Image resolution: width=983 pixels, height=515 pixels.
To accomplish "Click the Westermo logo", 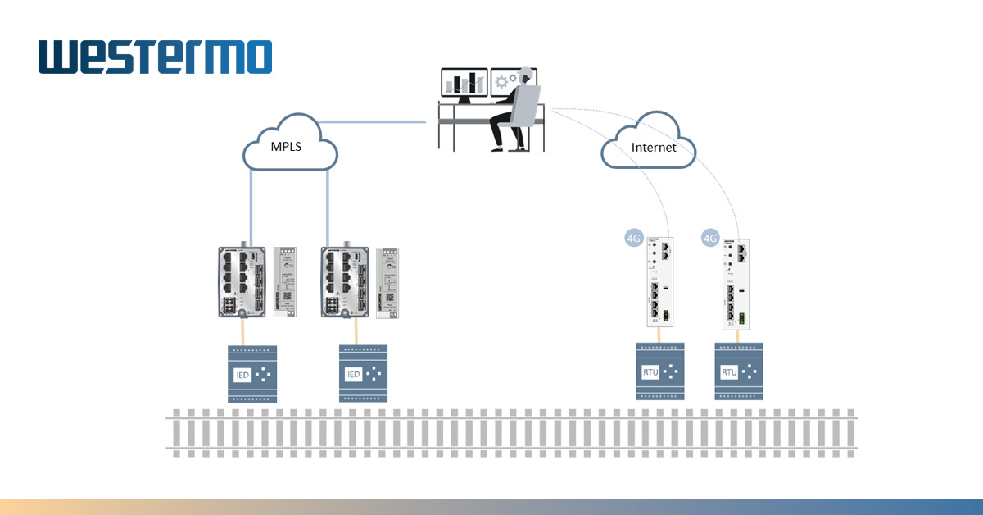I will click(155, 58).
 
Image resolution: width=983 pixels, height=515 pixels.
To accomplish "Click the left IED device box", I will click(252, 374).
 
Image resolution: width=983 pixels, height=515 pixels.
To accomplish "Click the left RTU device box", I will click(660, 371).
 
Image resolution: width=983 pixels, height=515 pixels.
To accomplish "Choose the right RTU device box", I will click(739, 371).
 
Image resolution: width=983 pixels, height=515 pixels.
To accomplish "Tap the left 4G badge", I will click(633, 239).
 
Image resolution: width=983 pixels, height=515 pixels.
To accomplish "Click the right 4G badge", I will click(710, 239).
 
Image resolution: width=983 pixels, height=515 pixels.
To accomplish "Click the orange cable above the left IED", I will click(243, 331).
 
